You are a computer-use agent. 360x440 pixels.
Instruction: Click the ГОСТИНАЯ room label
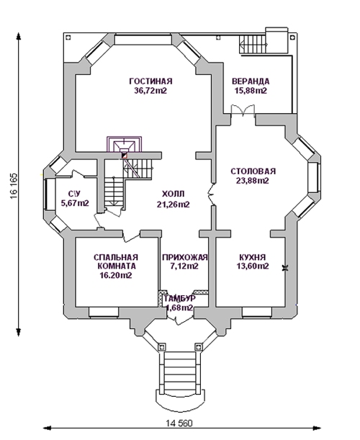click(150, 81)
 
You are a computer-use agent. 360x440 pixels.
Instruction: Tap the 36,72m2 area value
click(150, 91)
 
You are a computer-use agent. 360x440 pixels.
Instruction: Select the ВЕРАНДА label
click(251, 81)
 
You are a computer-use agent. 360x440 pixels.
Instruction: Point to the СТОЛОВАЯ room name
click(253, 171)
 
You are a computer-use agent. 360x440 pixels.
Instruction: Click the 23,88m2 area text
click(253, 181)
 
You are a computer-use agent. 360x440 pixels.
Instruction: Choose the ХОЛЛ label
click(173, 194)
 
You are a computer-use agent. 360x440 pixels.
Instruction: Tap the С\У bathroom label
click(75, 194)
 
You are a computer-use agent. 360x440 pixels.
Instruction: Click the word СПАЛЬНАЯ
click(116, 257)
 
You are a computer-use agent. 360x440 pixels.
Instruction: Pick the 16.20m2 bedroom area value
click(116, 275)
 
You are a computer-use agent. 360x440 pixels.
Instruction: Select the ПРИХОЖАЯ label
click(185, 257)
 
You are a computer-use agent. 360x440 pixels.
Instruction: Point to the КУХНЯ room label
click(253, 257)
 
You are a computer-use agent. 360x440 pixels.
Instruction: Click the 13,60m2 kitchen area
click(253, 266)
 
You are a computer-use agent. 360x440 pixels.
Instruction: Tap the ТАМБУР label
click(179, 299)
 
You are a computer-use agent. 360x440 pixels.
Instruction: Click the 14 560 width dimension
click(179, 423)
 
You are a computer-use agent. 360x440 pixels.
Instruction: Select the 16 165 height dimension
click(14, 186)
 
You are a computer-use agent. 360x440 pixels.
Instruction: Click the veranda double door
click(243, 110)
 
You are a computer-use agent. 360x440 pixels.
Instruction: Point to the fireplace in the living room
click(124, 145)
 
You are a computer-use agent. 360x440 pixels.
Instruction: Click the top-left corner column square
click(68, 37)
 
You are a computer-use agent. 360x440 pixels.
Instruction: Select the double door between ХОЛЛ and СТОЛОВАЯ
click(211, 194)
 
